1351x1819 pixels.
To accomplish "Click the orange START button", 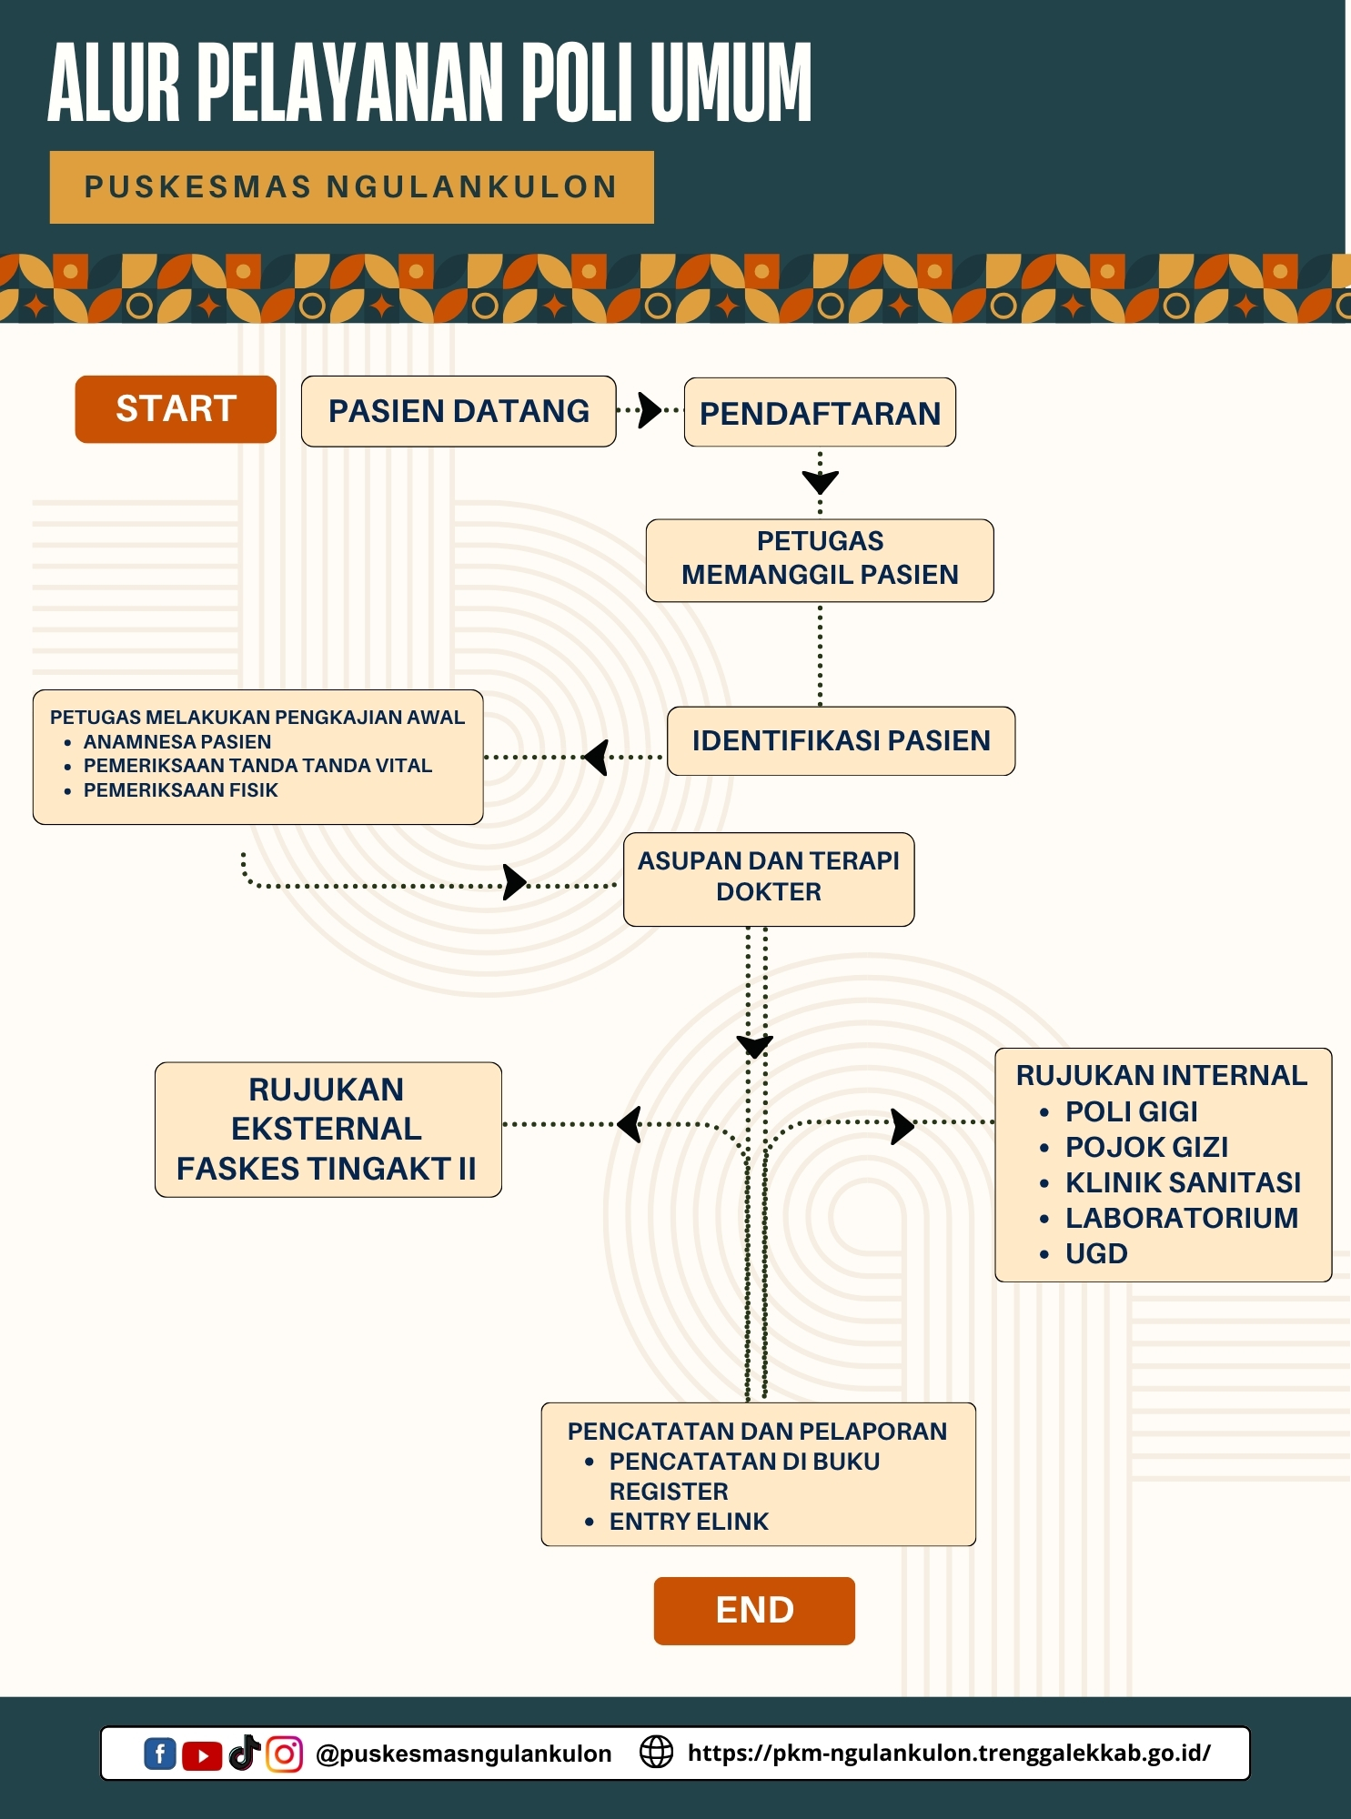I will click(176, 409).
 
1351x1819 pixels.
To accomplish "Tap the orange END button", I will click(754, 1611).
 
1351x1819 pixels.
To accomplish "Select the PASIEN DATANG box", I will click(459, 411).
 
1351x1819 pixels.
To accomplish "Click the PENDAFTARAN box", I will click(820, 413).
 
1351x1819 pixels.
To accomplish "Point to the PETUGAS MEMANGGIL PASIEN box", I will click(820, 559).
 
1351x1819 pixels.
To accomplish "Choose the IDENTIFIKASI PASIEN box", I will click(841, 740).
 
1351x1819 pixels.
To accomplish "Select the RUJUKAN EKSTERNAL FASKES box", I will click(328, 1129).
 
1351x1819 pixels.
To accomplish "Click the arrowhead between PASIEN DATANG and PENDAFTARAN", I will click(650, 410).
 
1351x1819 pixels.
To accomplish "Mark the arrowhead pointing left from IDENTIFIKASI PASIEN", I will click(597, 757).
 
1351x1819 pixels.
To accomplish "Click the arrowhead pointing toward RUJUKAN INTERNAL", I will click(902, 1126).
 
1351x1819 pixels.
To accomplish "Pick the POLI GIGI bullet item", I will click(1131, 1111).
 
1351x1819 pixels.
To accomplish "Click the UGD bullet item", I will click(1096, 1253).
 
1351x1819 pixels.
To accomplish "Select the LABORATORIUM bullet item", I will click(1181, 1218).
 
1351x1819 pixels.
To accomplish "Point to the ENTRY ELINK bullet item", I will click(689, 1522).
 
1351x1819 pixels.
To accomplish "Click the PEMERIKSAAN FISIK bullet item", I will click(180, 790).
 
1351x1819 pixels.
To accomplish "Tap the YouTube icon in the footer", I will click(202, 1755).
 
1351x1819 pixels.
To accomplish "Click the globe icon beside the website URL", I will click(656, 1752).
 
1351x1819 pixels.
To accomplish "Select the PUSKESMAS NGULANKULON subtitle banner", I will click(351, 187).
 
